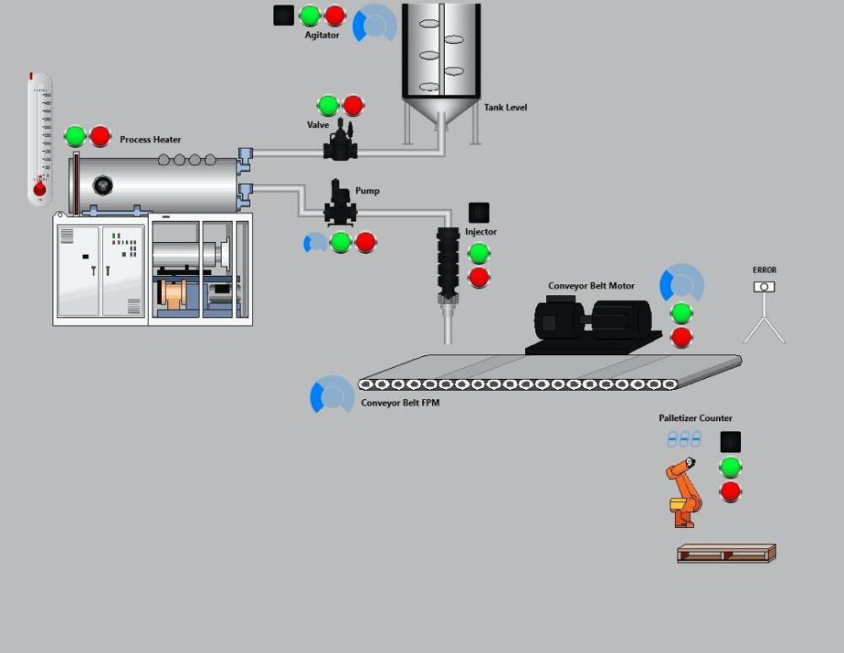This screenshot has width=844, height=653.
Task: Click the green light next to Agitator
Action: click(x=310, y=15)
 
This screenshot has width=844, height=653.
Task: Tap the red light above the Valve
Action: click(x=353, y=105)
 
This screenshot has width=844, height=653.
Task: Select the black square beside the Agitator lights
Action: click(x=284, y=15)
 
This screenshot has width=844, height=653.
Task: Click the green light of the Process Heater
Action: click(x=75, y=136)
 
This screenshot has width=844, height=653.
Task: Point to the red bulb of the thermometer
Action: click(x=40, y=188)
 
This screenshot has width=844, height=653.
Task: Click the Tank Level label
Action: click(x=506, y=107)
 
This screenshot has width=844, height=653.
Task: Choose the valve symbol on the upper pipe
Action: click(x=341, y=142)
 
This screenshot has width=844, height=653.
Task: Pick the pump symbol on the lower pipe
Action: click(x=341, y=202)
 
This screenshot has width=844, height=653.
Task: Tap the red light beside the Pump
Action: click(x=365, y=242)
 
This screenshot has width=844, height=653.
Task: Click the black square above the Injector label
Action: click(x=479, y=213)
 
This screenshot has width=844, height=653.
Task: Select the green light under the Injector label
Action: click(x=479, y=252)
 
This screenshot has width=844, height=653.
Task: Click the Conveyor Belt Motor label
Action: click(x=592, y=286)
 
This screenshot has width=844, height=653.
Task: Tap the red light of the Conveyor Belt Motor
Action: click(x=682, y=337)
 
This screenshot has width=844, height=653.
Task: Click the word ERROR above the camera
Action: click(x=765, y=270)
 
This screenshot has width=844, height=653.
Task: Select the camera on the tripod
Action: click(x=764, y=288)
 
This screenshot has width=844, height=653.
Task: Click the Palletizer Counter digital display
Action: click(x=684, y=440)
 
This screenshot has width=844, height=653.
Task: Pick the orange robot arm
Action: click(x=684, y=493)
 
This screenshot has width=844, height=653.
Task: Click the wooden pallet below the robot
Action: click(x=726, y=553)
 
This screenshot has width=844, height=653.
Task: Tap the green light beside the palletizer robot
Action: click(x=730, y=467)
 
